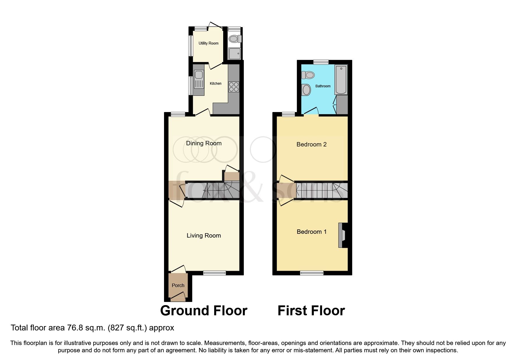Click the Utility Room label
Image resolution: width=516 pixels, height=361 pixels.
pos(208,43)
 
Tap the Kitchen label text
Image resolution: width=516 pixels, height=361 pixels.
pos(216,84)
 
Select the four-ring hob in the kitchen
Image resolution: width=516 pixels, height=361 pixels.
pos(234,87)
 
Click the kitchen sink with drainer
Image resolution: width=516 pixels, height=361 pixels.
pos(199,79)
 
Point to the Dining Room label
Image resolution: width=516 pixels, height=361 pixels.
pos(204,143)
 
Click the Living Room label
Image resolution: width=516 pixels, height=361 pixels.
pos(204,236)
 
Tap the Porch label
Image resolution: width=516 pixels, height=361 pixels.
pos(178,286)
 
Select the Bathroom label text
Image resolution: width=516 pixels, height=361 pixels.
pos(323,86)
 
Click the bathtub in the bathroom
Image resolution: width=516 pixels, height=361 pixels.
pos(341,79)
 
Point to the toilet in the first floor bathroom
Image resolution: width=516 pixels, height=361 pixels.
pos(308,75)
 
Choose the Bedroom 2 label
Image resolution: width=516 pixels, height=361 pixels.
pos(311,144)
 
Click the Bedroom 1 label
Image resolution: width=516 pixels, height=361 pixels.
pos(311,232)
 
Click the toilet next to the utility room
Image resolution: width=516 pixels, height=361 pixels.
pos(234,39)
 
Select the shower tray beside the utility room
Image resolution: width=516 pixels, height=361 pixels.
pos(235,54)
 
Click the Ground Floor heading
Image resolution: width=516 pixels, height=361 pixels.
pos(204,311)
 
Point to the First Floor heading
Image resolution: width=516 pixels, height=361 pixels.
pos(311,311)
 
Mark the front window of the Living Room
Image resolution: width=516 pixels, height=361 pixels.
pos(214,273)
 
